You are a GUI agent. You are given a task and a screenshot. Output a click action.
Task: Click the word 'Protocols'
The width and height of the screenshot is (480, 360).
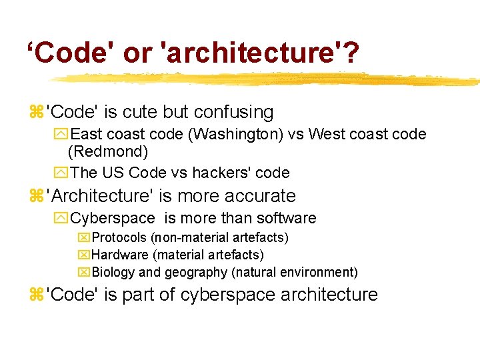(119, 237)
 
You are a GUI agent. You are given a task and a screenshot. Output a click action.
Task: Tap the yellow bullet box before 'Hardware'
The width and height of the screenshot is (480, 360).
(83, 255)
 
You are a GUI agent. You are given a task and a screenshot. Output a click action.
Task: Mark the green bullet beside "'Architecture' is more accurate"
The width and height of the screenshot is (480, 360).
(35, 196)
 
